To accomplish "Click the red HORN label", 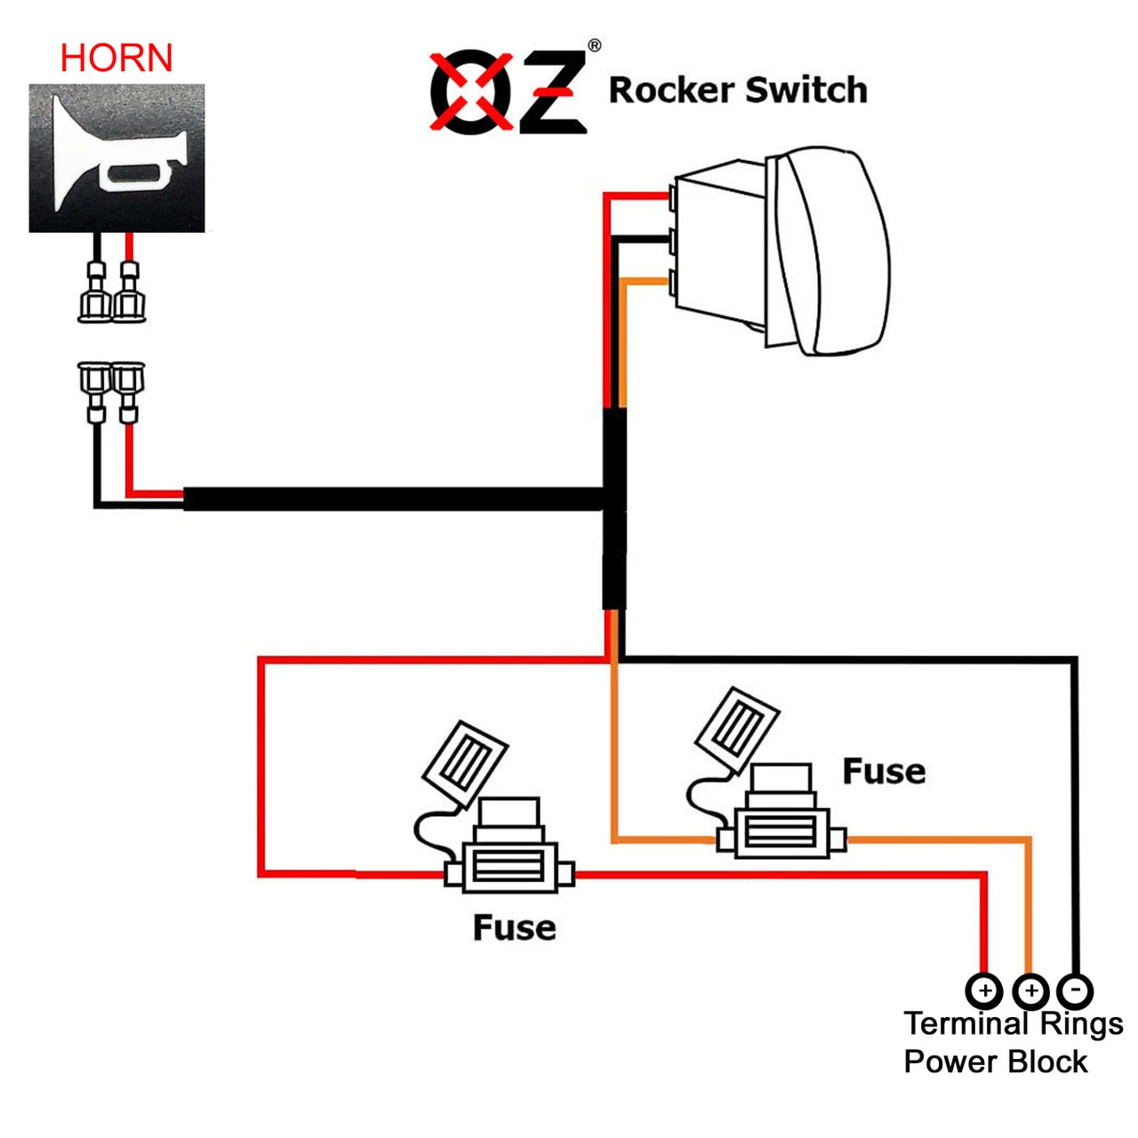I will tap(116, 59).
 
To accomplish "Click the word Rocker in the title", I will tap(671, 91).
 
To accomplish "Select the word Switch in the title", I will tap(806, 91).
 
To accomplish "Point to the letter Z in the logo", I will tap(550, 92).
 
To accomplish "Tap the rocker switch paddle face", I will tap(836, 251).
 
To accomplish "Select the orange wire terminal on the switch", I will tap(673, 282).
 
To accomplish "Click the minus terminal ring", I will tap(1075, 990).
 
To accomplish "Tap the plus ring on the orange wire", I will tap(1030, 990).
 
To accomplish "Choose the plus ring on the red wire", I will tap(984, 990).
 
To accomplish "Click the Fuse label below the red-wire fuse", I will tap(514, 928).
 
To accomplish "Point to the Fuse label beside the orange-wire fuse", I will tap(884, 772).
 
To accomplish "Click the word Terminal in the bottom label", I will tap(966, 1024).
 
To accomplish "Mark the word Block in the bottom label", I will tap(1048, 1062).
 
